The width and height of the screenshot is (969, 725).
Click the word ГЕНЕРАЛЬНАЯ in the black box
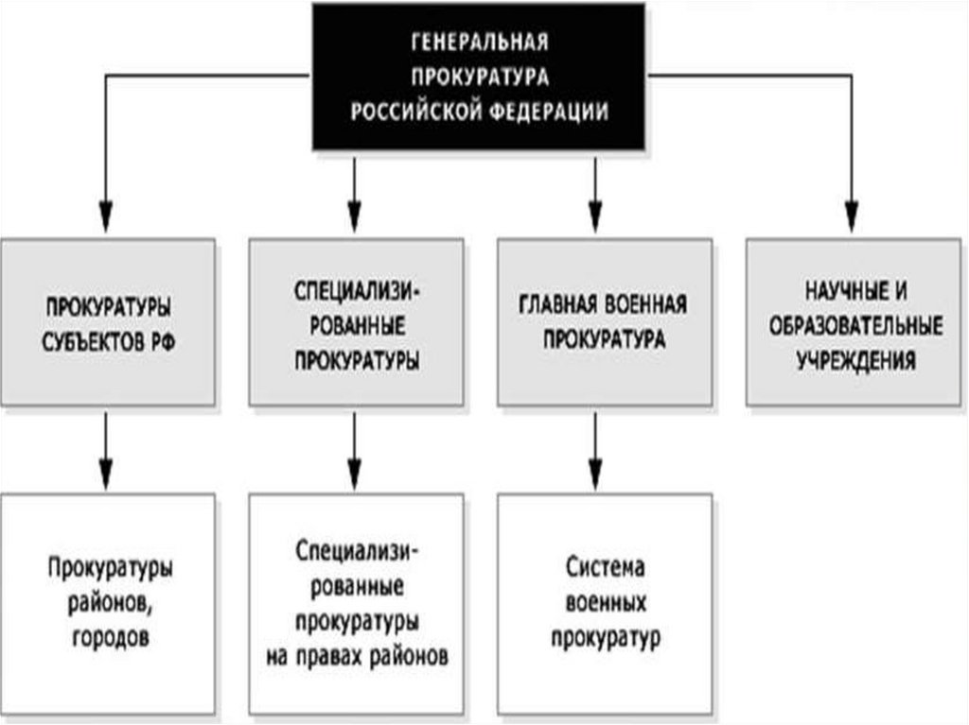[x=480, y=43]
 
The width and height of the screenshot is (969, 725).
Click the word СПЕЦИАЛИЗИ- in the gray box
[x=357, y=290]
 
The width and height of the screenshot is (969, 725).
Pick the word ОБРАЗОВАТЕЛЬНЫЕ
[x=855, y=325]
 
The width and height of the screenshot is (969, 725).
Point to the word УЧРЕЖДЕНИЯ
[x=855, y=360]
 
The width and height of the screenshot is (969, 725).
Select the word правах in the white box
[x=330, y=656]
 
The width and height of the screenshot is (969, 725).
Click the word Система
[x=605, y=568]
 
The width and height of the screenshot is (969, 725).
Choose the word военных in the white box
[x=605, y=603]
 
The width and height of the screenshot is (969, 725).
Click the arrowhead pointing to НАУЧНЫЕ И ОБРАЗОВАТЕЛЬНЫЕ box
[x=853, y=217]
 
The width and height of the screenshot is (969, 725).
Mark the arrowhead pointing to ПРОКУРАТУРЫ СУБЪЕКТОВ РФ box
[x=106, y=217]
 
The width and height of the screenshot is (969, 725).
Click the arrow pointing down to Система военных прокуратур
[x=595, y=452]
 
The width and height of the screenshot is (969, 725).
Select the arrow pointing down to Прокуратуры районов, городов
[x=106, y=452]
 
